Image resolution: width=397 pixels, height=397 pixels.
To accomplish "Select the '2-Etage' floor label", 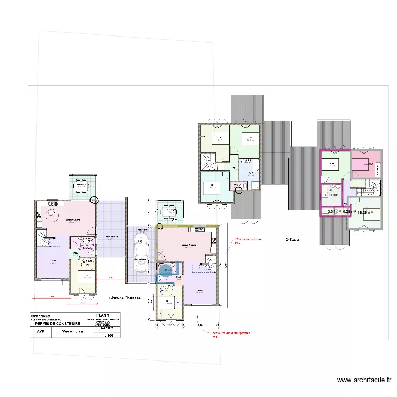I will click(292, 240).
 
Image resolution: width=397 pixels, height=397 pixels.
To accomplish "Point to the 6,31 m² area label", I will click(331, 195).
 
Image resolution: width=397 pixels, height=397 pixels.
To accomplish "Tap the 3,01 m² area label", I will click(333, 212).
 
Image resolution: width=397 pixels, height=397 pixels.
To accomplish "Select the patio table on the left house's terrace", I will click(82, 185).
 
